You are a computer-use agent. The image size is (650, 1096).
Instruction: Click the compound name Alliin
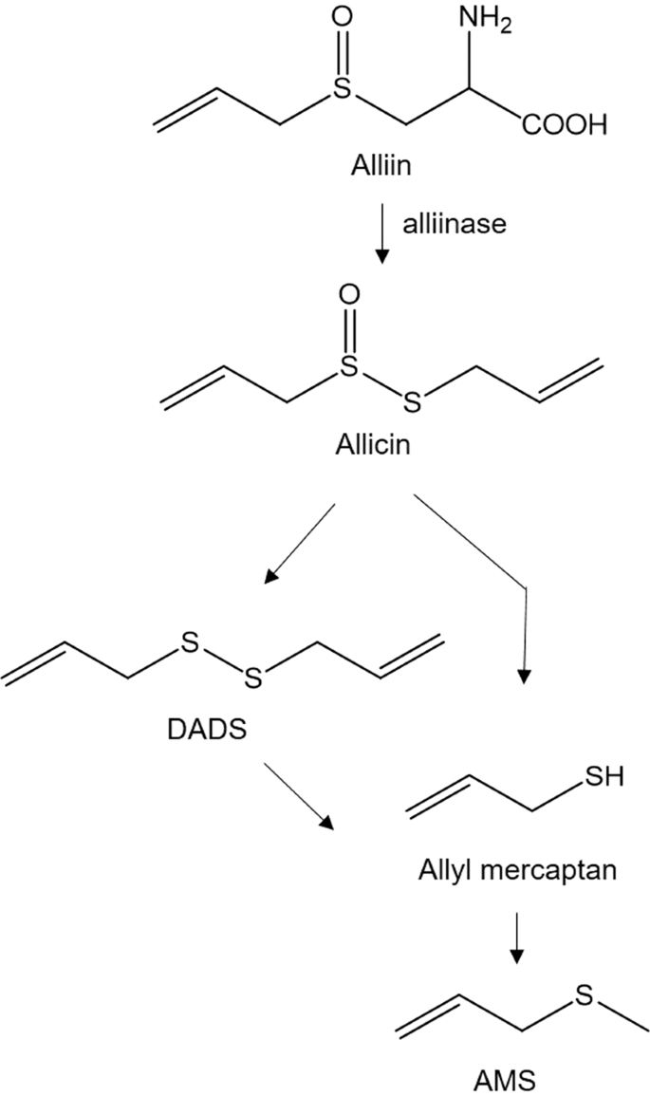coord(380,172)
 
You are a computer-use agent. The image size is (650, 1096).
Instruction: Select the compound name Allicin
coord(373,444)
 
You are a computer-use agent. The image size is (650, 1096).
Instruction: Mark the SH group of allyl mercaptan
coord(604,778)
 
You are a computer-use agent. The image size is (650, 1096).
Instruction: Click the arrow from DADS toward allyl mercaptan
coord(301,792)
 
